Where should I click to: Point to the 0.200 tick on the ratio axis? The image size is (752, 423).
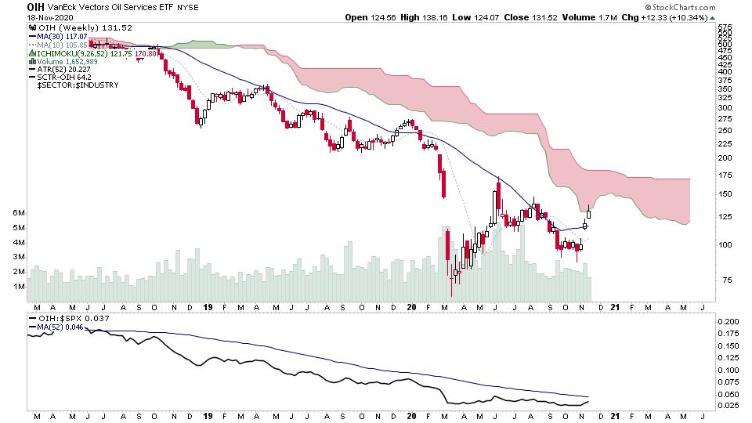pos(728,322)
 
